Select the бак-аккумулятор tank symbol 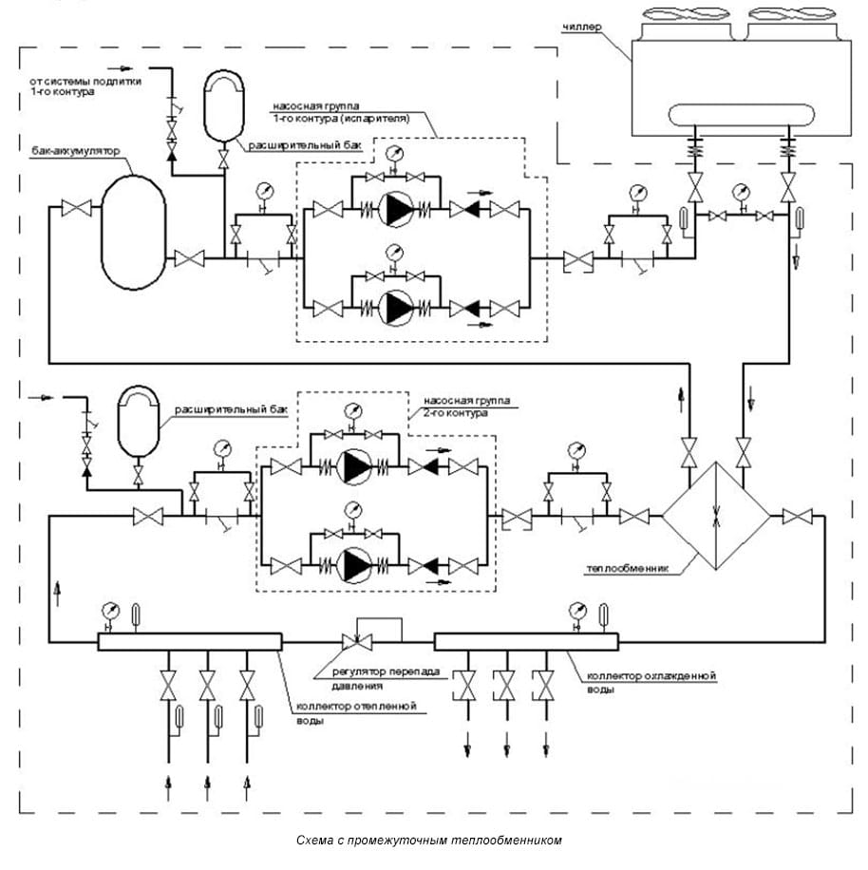(x=134, y=226)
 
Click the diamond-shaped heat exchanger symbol (x=715, y=517)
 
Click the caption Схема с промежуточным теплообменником (x=429, y=841)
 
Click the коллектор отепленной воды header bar (x=190, y=642)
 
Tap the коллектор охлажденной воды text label (x=651, y=681)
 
